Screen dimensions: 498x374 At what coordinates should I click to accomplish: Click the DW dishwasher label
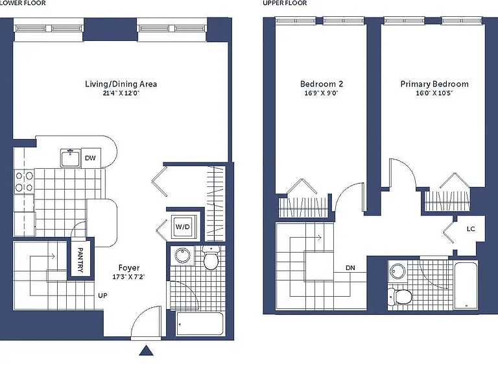point(90,158)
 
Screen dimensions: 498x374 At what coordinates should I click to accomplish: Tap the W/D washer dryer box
point(183,227)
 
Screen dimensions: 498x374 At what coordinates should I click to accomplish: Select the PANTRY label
point(80,260)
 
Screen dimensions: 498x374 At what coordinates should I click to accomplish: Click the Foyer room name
point(129,268)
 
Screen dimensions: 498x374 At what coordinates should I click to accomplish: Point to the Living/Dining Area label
point(121,84)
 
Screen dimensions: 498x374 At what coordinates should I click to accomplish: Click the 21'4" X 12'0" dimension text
point(121,93)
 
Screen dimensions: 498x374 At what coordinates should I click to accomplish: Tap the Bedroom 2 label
point(322,84)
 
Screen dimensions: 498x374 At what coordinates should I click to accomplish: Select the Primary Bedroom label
point(434,84)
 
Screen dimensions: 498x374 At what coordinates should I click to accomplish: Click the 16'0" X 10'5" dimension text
point(434,93)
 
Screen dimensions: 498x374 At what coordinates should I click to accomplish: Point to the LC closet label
point(471,229)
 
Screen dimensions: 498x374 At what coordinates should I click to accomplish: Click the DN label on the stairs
point(350,268)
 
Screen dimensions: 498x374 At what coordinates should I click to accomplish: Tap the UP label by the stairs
point(102,295)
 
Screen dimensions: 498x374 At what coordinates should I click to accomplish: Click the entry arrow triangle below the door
point(147,350)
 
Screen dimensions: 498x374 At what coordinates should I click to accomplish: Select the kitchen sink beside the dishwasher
point(71,158)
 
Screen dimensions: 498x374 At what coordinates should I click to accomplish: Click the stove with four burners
point(24,181)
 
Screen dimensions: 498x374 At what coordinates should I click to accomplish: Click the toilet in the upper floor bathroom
point(399,296)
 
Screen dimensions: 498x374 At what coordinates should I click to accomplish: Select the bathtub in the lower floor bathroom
point(200,324)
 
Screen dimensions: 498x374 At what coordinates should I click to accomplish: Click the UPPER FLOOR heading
point(285,3)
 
